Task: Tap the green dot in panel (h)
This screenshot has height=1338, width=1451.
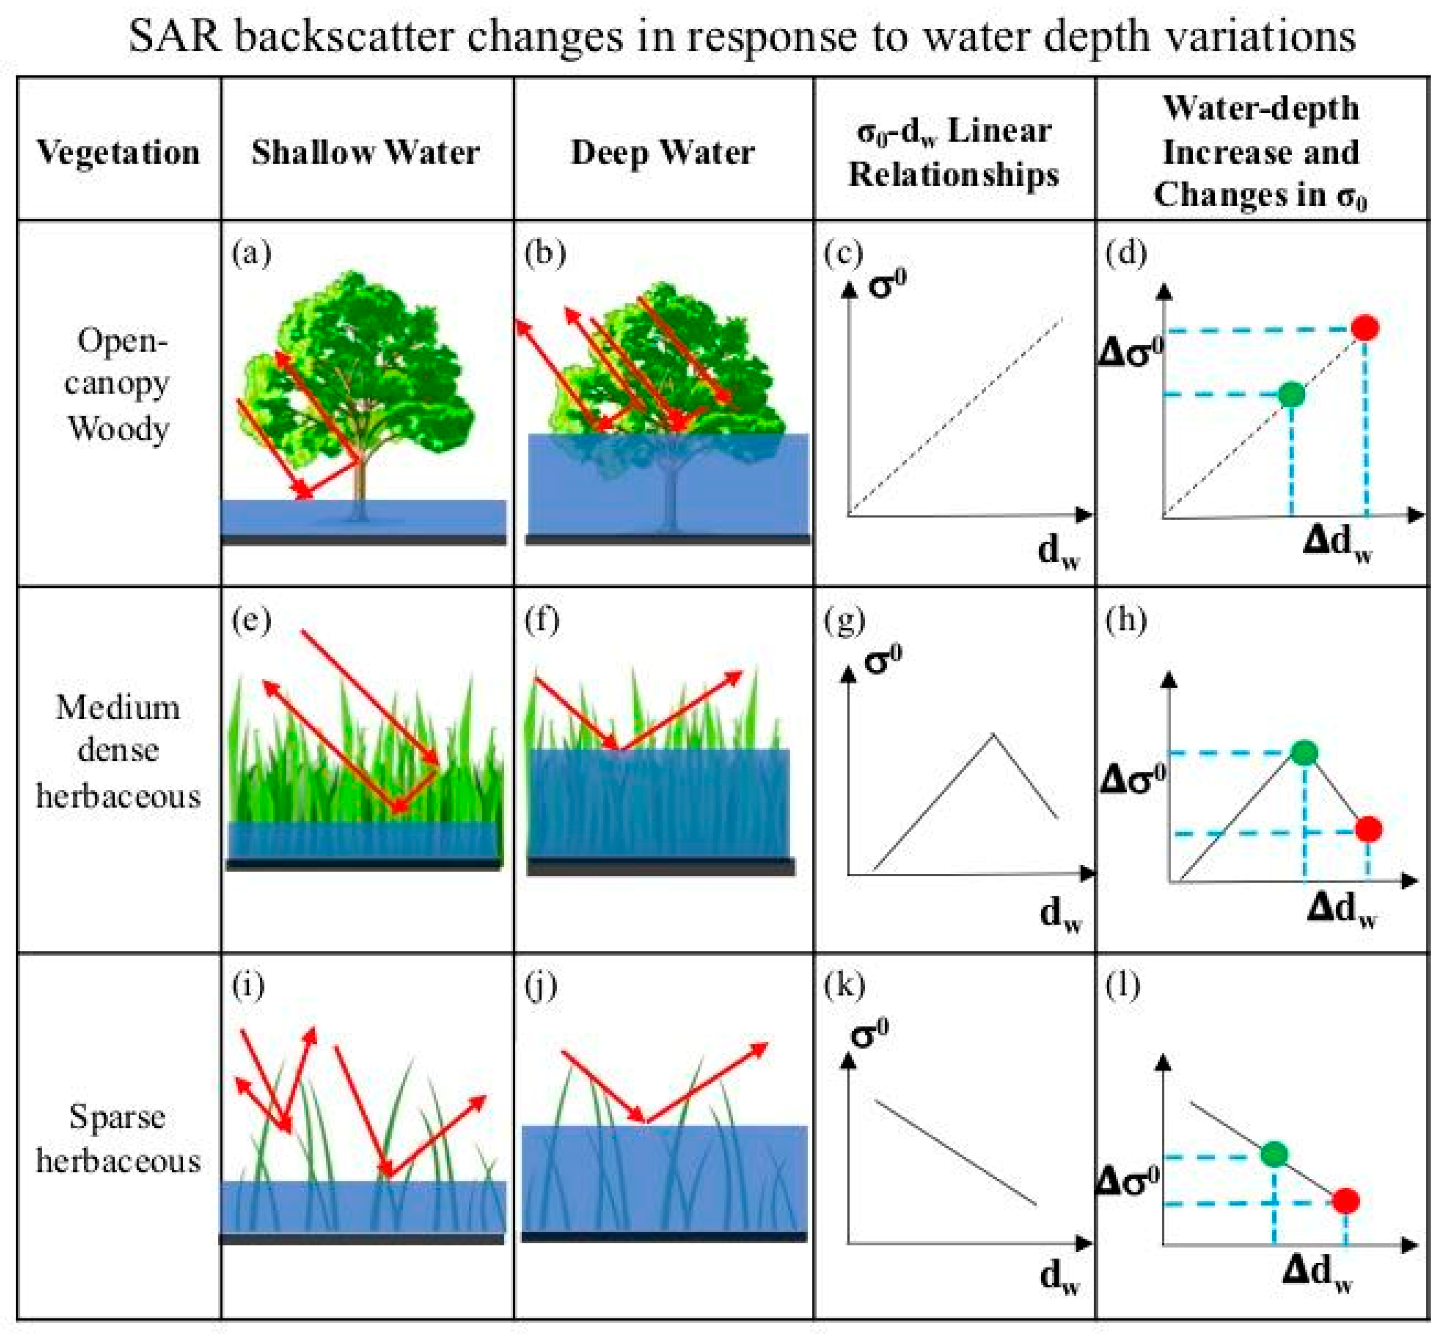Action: click(x=1305, y=753)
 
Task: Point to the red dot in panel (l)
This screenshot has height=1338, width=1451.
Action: click(x=1345, y=1202)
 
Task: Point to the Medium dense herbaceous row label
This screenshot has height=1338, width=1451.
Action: click(x=118, y=751)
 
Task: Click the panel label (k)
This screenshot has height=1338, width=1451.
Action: click(x=844, y=986)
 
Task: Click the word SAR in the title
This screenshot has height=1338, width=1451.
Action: click(x=175, y=36)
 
